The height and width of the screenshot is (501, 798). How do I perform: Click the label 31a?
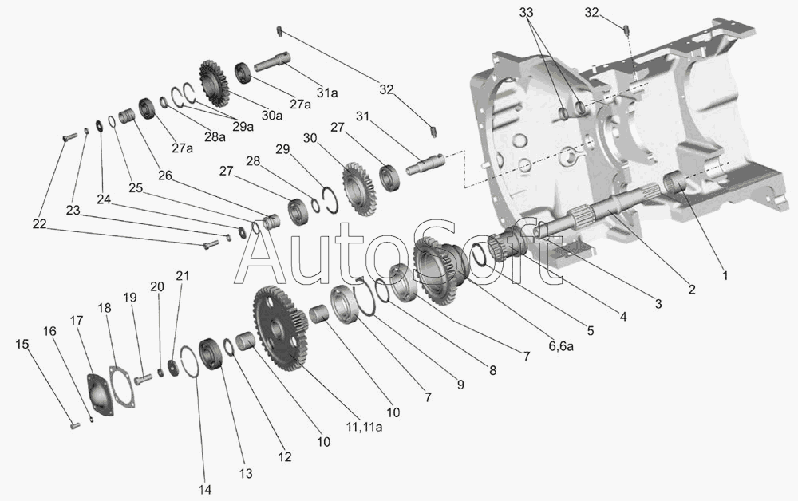327,93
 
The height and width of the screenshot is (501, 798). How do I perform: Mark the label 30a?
272,115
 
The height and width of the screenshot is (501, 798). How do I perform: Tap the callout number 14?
205,489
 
